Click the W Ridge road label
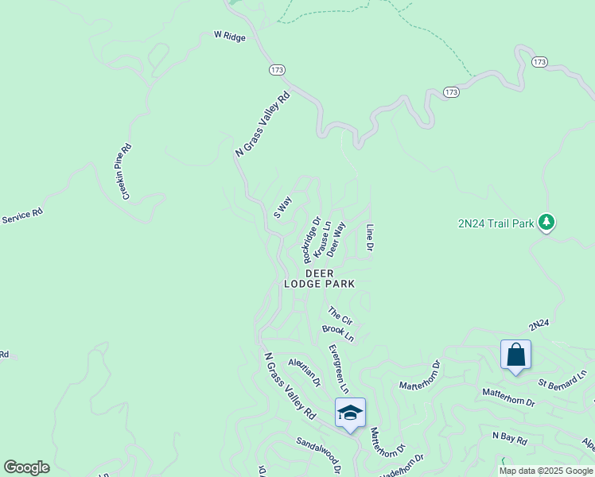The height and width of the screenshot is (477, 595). coord(230,37)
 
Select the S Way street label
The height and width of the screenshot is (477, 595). coord(282,207)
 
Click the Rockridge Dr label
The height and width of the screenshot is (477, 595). coord(311,241)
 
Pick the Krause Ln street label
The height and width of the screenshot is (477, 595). coord(322,238)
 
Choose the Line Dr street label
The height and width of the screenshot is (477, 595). coord(370,238)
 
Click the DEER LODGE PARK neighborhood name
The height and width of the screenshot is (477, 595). coord(320,278)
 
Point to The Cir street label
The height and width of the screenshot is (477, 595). coord(340,316)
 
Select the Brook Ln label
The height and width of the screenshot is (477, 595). coord(337,333)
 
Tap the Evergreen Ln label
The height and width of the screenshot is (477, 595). coord(339,368)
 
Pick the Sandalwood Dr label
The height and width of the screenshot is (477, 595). coord(318,453)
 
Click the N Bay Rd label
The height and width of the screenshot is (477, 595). coord(510,438)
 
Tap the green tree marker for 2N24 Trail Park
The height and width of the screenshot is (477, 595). coord(546,223)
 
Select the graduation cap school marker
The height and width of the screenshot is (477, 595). coord(350,413)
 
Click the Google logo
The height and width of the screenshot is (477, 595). coord(26,467)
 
